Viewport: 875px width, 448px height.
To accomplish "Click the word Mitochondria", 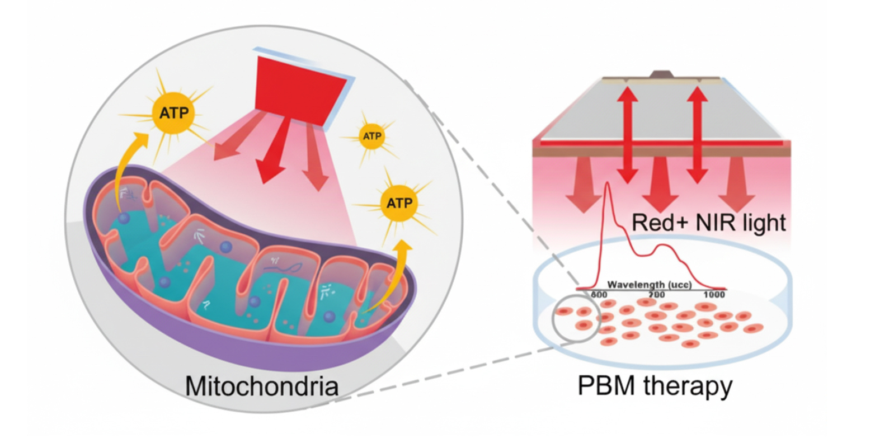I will click(x=261, y=386).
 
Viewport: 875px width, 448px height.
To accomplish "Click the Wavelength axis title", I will click(x=649, y=285).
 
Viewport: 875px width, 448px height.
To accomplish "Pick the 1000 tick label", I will click(x=714, y=295).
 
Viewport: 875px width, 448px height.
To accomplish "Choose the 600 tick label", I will click(x=599, y=295).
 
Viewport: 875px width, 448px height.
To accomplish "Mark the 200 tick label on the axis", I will click(x=656, y=295).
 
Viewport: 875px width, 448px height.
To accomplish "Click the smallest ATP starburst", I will click(x=372, y=136).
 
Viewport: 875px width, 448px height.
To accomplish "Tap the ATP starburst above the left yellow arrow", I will click(x=173, y=112).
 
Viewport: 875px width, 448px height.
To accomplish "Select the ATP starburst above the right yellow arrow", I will click(x=399, y=202).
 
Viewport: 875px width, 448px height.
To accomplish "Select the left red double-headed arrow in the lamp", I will click(x=628, y=134).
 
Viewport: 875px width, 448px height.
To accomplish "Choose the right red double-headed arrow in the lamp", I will click(x=697, y=134).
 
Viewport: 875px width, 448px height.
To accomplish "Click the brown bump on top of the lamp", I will click(x=662, y=74).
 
